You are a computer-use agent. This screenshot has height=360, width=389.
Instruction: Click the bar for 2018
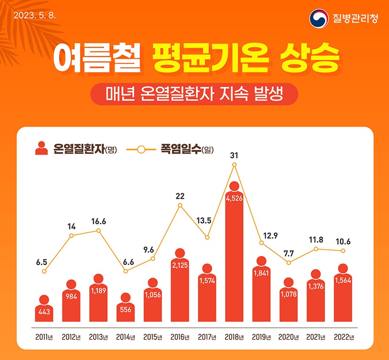click(234, 259)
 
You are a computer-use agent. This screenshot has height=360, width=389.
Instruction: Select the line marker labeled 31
click(234, 164)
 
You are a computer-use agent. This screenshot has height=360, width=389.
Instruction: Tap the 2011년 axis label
click(44, 337)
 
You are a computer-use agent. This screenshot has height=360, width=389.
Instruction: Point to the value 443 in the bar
click(44, 313)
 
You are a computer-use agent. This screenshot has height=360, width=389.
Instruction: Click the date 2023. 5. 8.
click(35, 15)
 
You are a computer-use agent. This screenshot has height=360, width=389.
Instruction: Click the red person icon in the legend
click(41, 149)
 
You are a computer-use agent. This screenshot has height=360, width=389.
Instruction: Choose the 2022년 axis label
click(343, 337)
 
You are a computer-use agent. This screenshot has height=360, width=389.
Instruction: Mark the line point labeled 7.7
click(289, 263)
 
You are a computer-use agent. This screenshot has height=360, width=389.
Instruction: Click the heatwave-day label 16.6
click(98, 221)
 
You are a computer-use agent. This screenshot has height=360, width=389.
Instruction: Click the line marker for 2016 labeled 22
click(180, 205)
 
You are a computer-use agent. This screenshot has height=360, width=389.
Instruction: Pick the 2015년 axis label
click(153, 337)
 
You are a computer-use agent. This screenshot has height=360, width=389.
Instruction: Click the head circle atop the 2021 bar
click(316, 274)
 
